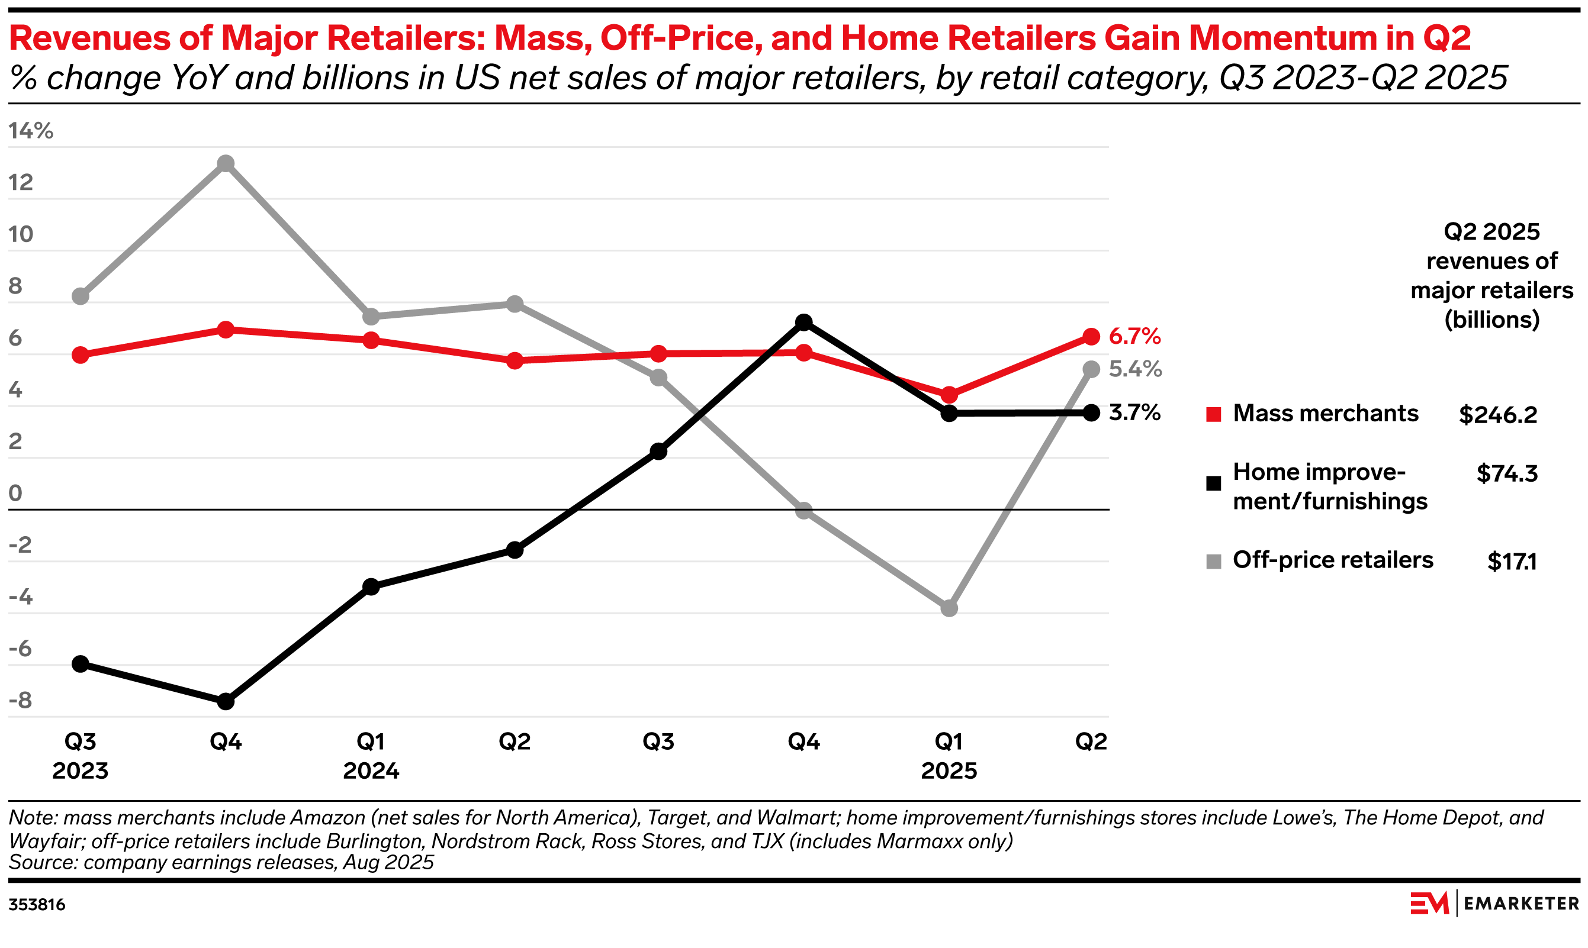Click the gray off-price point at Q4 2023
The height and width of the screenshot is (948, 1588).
(226, 163)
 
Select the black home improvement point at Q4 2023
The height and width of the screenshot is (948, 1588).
(226, 701)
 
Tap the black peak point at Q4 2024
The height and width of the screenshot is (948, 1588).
(804, 323)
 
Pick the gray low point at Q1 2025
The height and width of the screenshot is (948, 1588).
(950, 608)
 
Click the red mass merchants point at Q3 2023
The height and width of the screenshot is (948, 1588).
(81, 355)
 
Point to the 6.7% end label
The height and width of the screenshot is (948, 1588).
(1135, 336)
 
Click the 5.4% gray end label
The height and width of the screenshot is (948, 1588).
(1136, 369)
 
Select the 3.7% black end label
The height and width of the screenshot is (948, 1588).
(1135, 412)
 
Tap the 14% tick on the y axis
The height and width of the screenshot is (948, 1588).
(31, 131)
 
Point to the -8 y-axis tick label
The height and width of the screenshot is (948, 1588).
(21, 701)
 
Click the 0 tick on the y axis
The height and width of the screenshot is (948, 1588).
(15, 493)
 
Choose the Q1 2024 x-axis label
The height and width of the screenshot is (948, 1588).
(371, 756)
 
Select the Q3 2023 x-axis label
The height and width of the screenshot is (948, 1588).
(81, 756)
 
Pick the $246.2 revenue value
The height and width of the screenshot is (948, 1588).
(1498, 415)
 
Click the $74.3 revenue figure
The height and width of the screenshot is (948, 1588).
(1507, 474)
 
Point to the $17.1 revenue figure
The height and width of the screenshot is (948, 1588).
(1512, 562)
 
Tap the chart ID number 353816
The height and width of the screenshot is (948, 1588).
(37, 905)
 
